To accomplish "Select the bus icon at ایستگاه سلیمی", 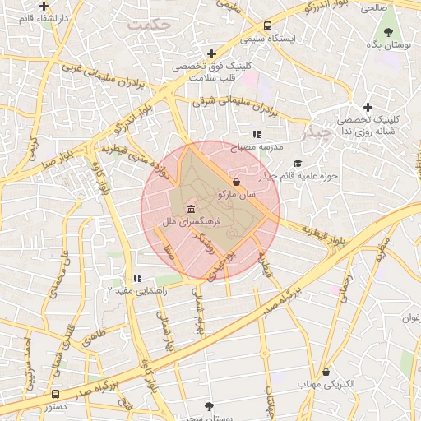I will (x=268, y=25).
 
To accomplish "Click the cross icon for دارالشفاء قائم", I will (x=44, y=6).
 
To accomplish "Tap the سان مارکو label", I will (x=238, y=195).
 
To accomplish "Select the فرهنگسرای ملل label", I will (x=171, y=222).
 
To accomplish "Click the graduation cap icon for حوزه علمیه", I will (x=298, y=163).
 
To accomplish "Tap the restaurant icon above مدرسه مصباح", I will (x=257, y=133).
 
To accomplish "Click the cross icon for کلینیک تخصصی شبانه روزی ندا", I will (x=368, y=107).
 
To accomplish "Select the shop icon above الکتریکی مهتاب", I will (x=326, y=372).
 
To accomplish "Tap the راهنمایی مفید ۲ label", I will (x=138, y=290).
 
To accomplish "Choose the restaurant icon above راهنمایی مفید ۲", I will (x=136, y=278).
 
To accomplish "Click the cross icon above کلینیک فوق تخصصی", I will (x=211, y=53).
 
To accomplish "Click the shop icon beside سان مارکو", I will (x=238, y=182).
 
